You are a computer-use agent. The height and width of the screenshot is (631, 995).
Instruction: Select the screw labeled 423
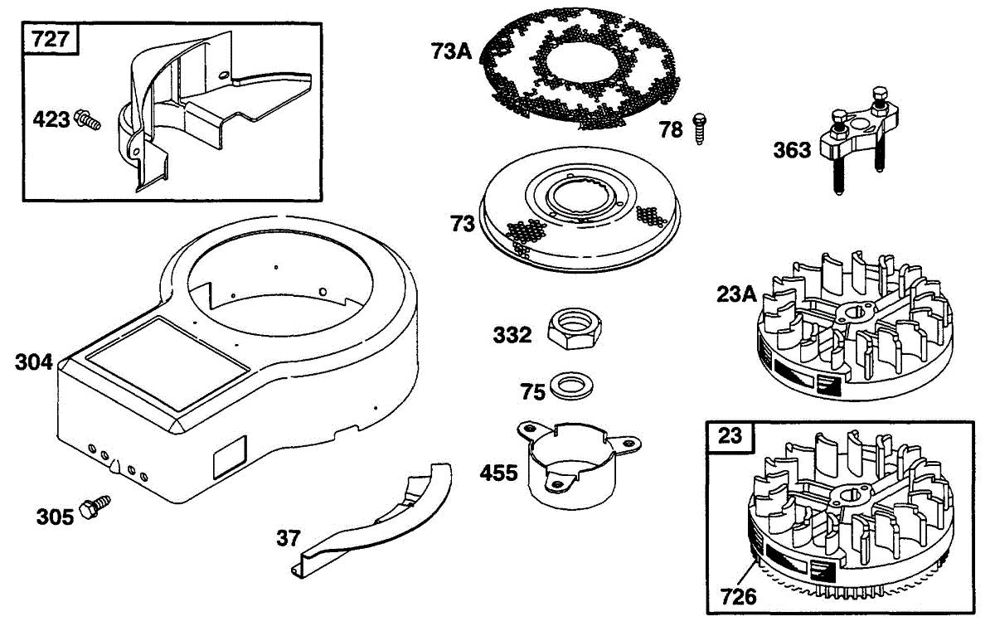(x=87, y=120)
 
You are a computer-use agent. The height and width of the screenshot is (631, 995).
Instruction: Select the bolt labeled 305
(x=95, y=507)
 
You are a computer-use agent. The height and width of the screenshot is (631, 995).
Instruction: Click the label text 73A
(x=451, y=51)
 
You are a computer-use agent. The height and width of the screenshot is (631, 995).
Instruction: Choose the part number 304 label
(x=34, y=362)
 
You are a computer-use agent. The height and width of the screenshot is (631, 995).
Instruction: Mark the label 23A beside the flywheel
(x=735, y=294)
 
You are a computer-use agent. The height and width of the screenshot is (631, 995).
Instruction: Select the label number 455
(x=498, y=473)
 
